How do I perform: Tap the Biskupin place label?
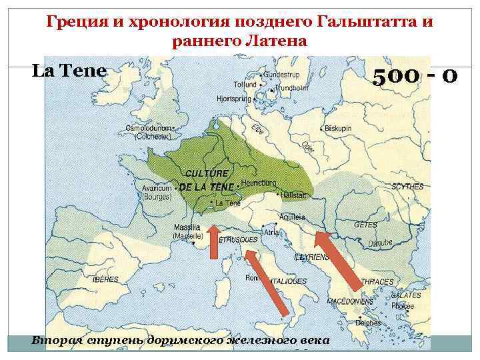click(x=339, y=128)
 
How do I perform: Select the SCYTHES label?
click(x=408, y=187)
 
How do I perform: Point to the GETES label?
click(x=365, y=225)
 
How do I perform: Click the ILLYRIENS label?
click(x=311, y=256)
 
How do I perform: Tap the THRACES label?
click(x=377, y=282)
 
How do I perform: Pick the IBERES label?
click(x=106, y=279)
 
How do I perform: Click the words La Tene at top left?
click(x=69, y=70)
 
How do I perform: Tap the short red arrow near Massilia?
click(x=214, y=241)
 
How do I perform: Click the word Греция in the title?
click(x=75, y=22)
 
